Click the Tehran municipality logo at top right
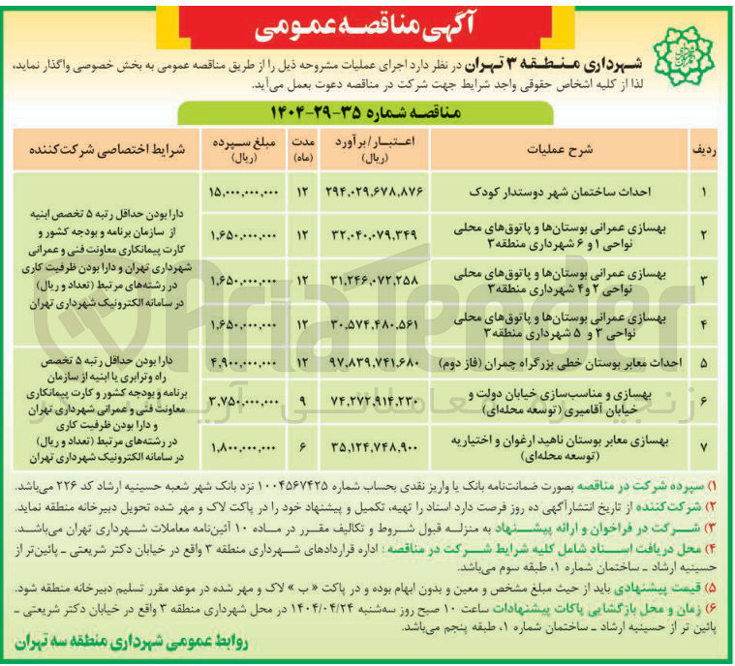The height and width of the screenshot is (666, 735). tap(679, 57)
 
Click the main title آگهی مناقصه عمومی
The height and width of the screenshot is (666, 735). tap(369, 26)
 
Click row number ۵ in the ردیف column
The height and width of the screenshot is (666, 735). tap(705, 362)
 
